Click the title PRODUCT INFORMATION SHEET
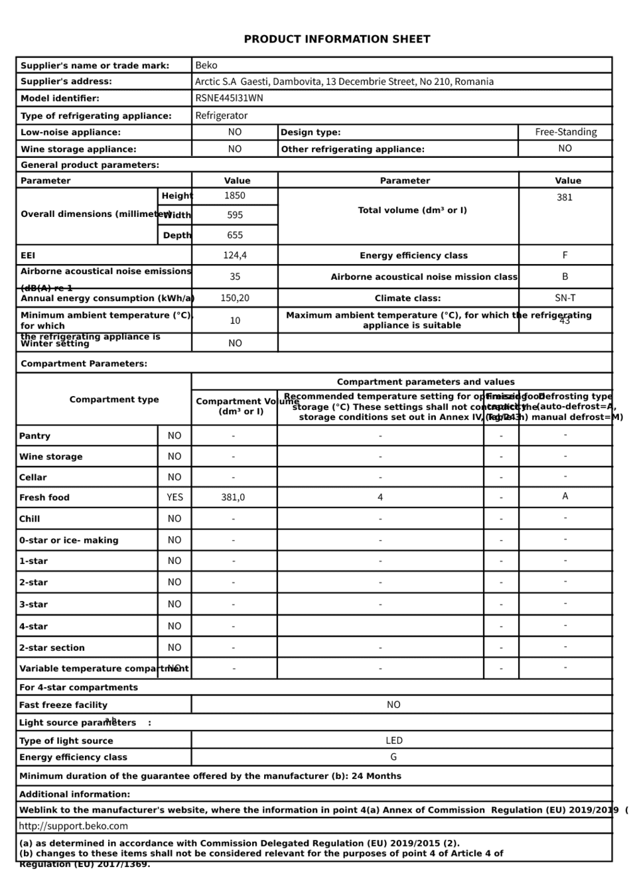[x=337, y=39]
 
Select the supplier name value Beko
[x=206, y=65]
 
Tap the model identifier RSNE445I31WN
[x=229, y=98]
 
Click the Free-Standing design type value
[x=566, y=132]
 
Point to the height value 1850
[x=235, y=196]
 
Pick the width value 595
[x=235, y=215]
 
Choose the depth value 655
[x=235, y=235]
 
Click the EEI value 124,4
[x=235, y=255]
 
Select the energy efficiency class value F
[x=565, y=255]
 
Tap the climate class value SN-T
[x=565, y=299]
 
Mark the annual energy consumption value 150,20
[x=235, y=299]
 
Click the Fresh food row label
[x=44, y=498]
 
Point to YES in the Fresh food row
[x=175, y=497]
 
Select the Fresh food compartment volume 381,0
[x=233, y=498]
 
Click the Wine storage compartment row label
[x=51, y=456]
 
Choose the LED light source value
[x=394, y=740]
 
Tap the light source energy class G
[x=393, y=757]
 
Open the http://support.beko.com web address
[x=74, y=826]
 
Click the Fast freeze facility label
[x=63, y=705]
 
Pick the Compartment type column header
[x=114, y=399]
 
